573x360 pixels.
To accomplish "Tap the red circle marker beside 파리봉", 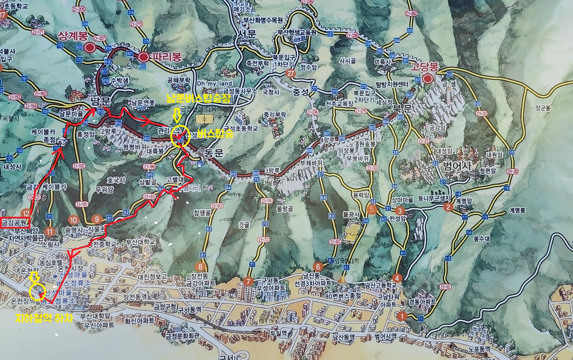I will point(143,57).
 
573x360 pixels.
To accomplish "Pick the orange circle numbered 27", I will point(290,73).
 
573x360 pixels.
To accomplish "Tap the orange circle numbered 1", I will point(402,316).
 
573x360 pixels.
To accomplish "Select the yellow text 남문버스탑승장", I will point(199,99).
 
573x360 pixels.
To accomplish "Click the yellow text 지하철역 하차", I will point(44,318).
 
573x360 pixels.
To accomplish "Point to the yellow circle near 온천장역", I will point(37,292).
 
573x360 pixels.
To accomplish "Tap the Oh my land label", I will point(215,83).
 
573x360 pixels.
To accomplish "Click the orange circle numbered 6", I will point(318,267).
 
